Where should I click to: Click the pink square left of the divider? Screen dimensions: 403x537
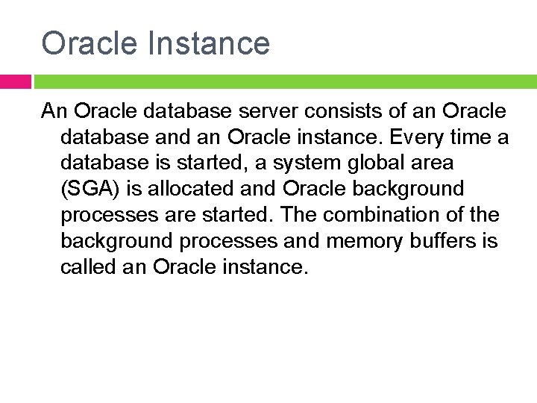click(x=15, y=81)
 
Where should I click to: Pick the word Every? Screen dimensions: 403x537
click(x=412, y=137)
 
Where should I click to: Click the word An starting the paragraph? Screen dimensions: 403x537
click(x=55, y=112)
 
